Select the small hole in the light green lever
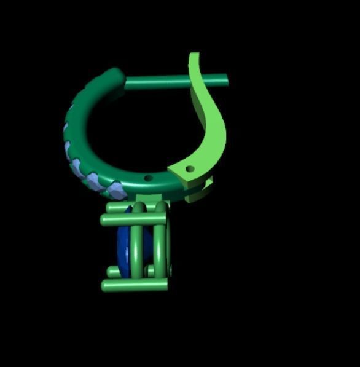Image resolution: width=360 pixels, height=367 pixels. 190,168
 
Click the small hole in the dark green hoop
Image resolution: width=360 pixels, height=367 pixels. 148,178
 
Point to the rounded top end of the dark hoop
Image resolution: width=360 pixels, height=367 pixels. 115,77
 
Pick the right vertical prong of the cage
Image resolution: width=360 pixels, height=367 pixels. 160,246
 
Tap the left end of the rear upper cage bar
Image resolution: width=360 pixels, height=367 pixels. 109,208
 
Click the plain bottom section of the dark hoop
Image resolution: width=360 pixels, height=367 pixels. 154,184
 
